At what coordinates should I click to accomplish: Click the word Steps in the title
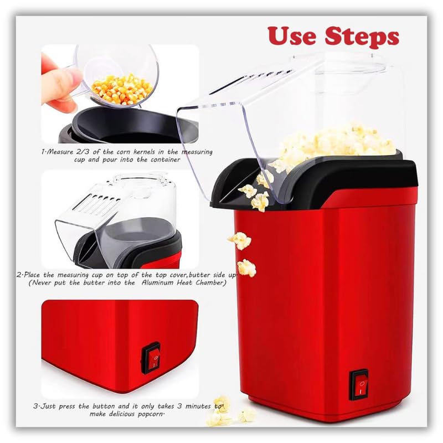pyautogui.click(x=360, y=38)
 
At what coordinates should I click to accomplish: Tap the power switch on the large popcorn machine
pyautogui.click(x=359, y=383)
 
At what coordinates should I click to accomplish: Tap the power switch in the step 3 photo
pyautogui.click(x=151, y=358)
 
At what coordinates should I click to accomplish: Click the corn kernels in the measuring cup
pyautogui.click(x=122, y=89)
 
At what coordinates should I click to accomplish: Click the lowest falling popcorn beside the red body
pyautogui.click(x=246, y=268)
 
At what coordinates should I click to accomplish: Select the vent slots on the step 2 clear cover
pyautogui.click(x=91, y=208)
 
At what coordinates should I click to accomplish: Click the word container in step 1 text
pyautogui.click(x=163, y=159)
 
